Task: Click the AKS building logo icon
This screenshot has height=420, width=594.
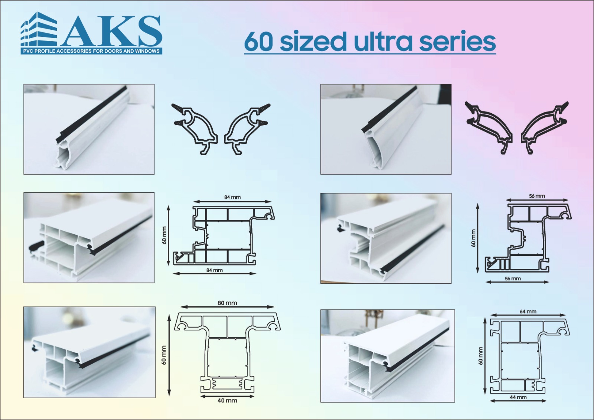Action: (x=39, y=29)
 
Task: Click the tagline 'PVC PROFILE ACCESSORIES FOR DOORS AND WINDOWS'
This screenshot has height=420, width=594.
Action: (x=91, y=51)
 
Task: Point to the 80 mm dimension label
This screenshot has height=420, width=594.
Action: (x=227, y=303)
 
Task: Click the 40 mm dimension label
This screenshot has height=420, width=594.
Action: (x=227, y=400)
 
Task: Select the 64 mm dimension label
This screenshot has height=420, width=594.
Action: (x=528, y=312)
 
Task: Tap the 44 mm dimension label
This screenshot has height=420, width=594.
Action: (x=518, y=397)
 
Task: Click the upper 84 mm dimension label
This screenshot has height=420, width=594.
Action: (x=232, y=197)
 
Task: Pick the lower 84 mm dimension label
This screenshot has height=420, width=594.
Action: (x=214, y=270)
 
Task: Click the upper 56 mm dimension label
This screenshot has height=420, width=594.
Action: (x=537, y=196)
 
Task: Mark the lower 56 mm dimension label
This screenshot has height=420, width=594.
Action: (x=513, y=279)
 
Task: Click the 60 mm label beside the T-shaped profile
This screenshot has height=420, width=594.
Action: (x=164, y=355)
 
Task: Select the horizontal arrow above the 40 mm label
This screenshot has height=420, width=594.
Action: (x=227, y=396)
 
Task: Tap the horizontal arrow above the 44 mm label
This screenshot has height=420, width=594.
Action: (x=518, y=401)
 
